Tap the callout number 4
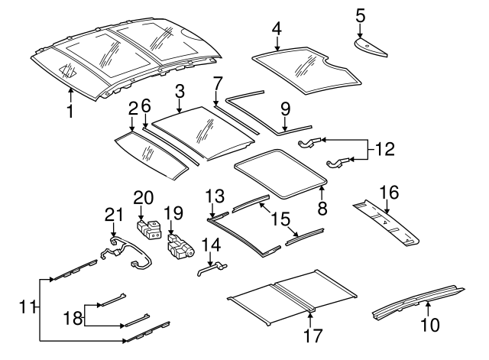[x=277, y=30]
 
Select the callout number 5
[x=361, y=14]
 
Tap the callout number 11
[x=28, y=307]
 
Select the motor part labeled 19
[x=180, y=248]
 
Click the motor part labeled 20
[x=148, y=229]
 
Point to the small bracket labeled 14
[x=212, y=266]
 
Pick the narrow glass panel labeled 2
[x=153, y=154]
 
